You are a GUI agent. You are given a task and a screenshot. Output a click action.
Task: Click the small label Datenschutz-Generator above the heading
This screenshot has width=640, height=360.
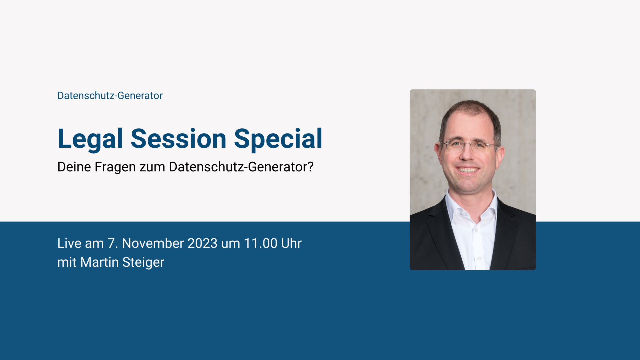110,96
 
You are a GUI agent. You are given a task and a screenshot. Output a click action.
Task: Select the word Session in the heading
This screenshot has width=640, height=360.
179,139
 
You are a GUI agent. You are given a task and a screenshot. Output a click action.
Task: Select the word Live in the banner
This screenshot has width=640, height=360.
69,243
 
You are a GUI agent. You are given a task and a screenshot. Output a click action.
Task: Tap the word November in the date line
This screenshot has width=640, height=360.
153,243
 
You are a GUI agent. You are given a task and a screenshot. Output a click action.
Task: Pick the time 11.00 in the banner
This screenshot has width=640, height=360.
261,243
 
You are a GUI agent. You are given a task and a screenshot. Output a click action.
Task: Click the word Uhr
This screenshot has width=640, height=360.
291,243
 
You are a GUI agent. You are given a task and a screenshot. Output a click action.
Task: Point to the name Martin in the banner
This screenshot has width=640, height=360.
99,262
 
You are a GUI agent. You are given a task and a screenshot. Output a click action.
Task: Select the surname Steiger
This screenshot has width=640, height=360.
143,263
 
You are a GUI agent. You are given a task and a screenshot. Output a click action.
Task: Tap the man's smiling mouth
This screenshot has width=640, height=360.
468,170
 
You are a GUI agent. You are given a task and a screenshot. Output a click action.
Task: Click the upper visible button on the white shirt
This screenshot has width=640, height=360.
476,230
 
